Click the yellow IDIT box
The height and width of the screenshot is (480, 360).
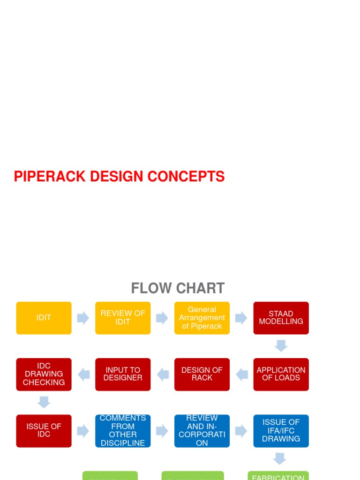44,318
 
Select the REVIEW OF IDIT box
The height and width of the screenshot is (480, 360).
123,318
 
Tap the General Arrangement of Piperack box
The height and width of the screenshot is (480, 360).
202,318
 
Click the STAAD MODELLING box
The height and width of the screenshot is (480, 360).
281,318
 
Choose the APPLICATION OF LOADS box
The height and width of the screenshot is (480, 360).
281,374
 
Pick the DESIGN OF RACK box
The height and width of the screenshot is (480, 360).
202,374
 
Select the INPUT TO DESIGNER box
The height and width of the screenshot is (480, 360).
123,374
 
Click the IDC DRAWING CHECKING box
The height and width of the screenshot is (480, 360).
44,374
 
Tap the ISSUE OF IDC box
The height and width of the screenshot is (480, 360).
44,430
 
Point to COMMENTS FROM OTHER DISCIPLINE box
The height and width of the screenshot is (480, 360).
123,430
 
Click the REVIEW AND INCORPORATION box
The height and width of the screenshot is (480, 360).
202,430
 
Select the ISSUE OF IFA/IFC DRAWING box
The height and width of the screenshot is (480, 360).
281,430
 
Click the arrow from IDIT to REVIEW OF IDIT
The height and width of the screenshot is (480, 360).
83,318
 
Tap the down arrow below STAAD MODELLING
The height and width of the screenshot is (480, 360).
281,346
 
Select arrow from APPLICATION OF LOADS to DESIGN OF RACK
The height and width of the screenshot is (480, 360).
242,374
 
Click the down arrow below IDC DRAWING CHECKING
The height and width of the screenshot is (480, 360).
44,402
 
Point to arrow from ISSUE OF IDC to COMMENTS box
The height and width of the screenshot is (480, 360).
83,431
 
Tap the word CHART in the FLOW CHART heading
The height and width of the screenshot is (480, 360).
202,288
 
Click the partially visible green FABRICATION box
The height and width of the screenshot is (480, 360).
278,475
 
